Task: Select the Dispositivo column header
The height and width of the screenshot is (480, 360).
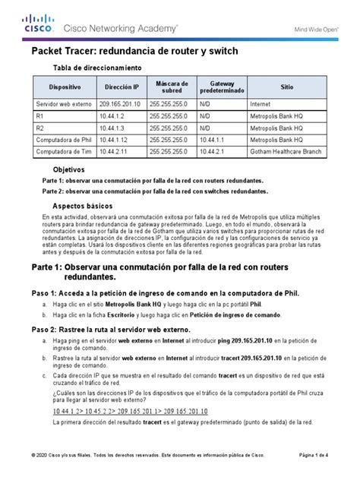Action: [x=53, y=88]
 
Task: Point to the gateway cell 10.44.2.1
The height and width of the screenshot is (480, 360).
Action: [x=216, y=153]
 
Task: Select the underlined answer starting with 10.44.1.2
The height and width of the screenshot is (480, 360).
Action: [x=130, y=412]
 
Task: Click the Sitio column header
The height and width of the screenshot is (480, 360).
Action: [x=286, y=88]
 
